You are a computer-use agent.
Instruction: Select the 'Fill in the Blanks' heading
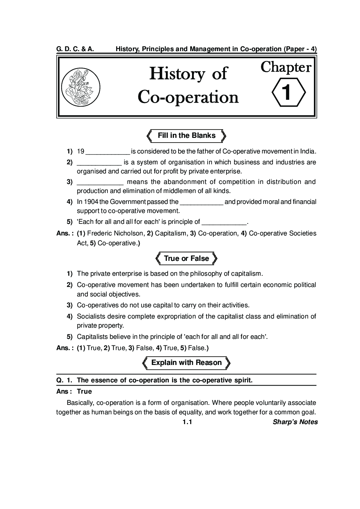coord(187,136)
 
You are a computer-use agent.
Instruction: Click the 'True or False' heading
coord(187,259)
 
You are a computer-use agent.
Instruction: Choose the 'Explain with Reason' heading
coord(187,363)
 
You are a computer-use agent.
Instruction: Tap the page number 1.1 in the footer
coord(187,422)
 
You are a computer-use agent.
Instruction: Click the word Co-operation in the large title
coord(188,97)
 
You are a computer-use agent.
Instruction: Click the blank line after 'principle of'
coord(224,222)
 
